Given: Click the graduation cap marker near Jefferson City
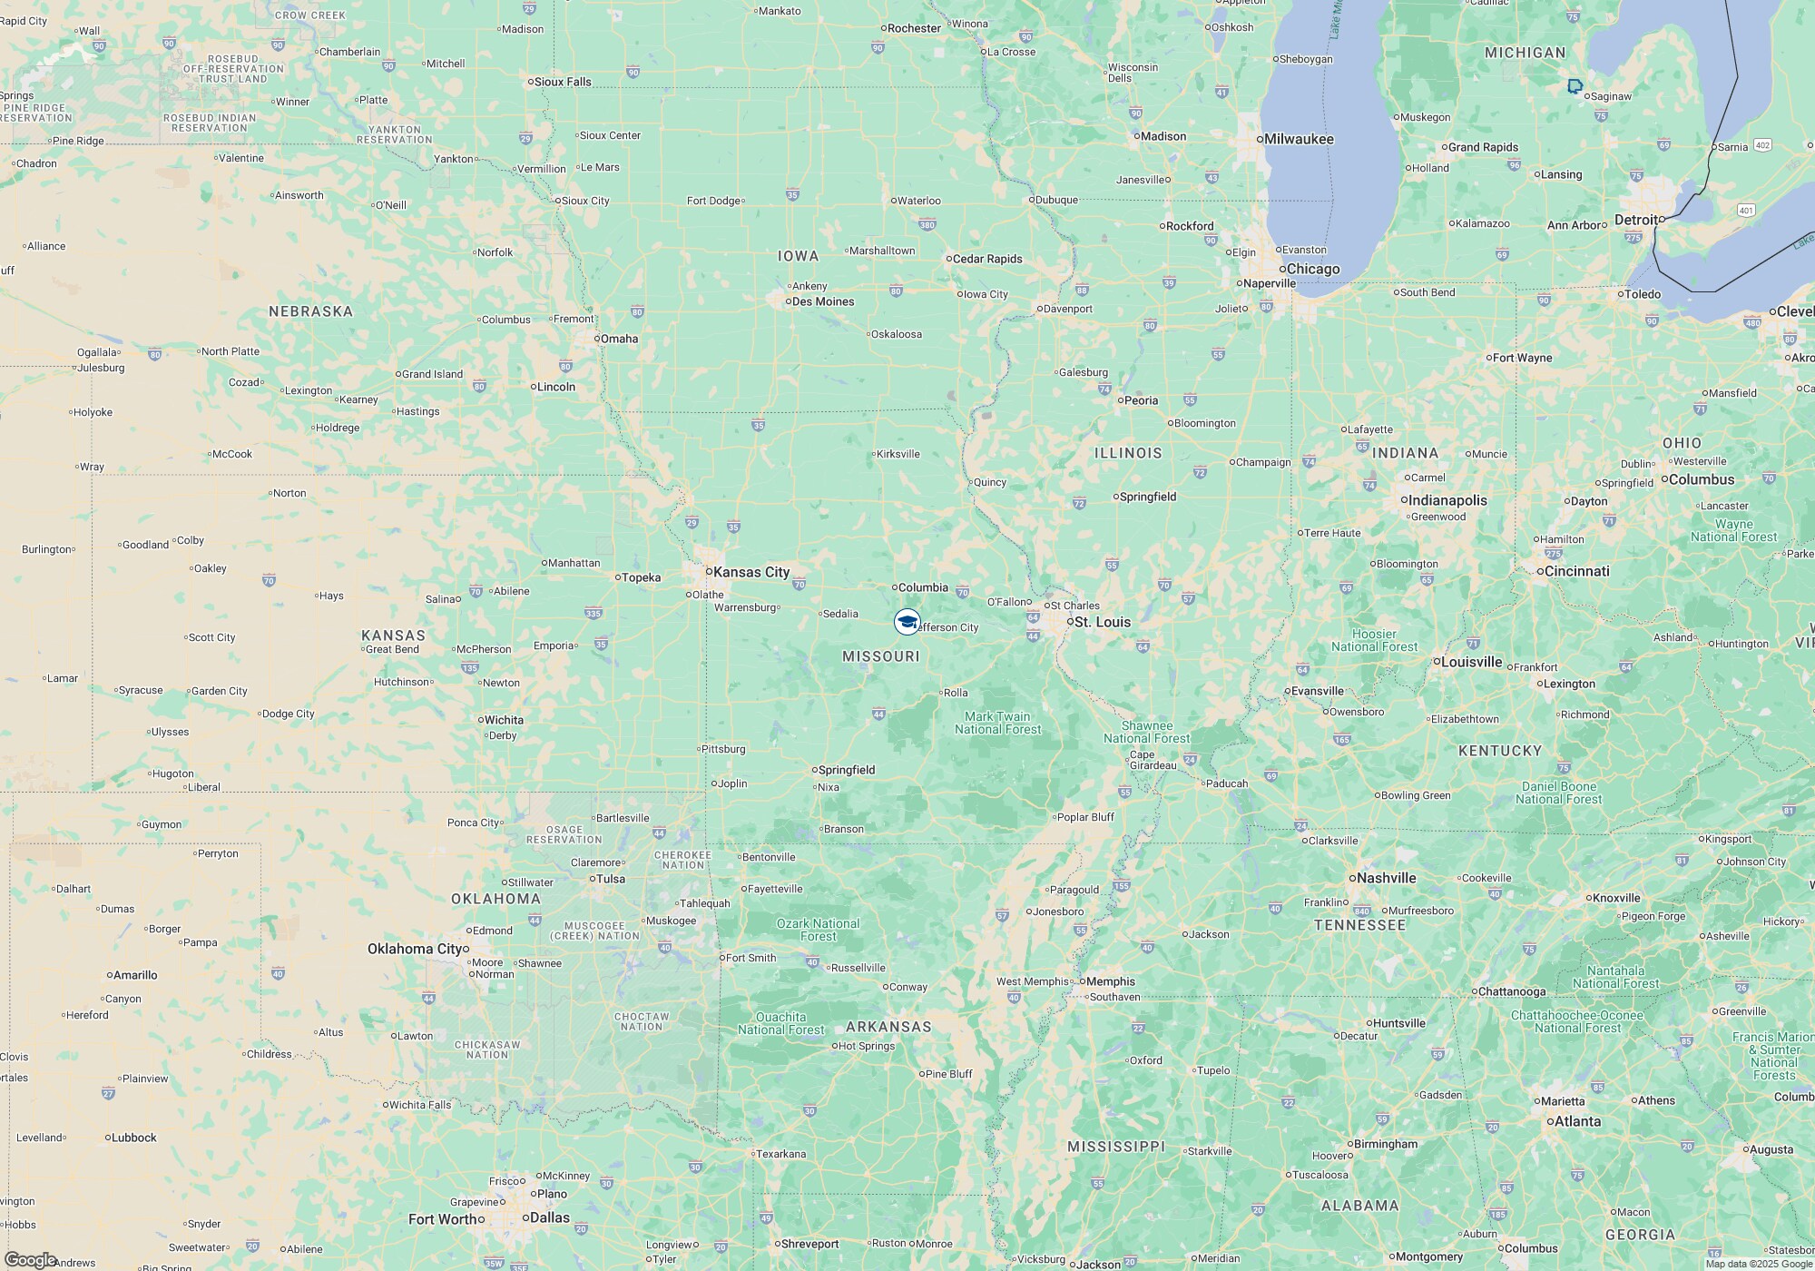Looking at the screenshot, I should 907,622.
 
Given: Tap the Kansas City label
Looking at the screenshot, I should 751,572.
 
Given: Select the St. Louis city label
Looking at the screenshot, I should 1103,622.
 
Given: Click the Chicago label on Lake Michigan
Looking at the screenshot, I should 1313,269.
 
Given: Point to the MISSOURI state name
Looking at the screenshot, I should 880,656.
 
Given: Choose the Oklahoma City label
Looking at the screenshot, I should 415,949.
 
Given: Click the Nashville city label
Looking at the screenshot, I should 1387,878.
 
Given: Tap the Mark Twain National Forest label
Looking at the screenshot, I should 997,723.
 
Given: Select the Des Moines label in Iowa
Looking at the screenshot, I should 823,301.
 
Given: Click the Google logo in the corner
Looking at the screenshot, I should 30,1260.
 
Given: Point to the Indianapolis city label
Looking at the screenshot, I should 1447,500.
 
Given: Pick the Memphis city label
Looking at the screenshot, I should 1111,981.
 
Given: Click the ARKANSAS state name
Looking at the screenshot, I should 888,1027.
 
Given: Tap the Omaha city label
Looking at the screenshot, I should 619,339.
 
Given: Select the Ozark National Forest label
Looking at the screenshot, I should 818,930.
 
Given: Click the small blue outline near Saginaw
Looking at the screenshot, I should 1575,86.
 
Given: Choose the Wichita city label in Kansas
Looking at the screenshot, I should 504,720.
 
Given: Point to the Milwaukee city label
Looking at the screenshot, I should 1299,139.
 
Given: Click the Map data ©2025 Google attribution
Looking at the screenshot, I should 1757,1264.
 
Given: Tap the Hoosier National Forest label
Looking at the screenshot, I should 1374,640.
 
